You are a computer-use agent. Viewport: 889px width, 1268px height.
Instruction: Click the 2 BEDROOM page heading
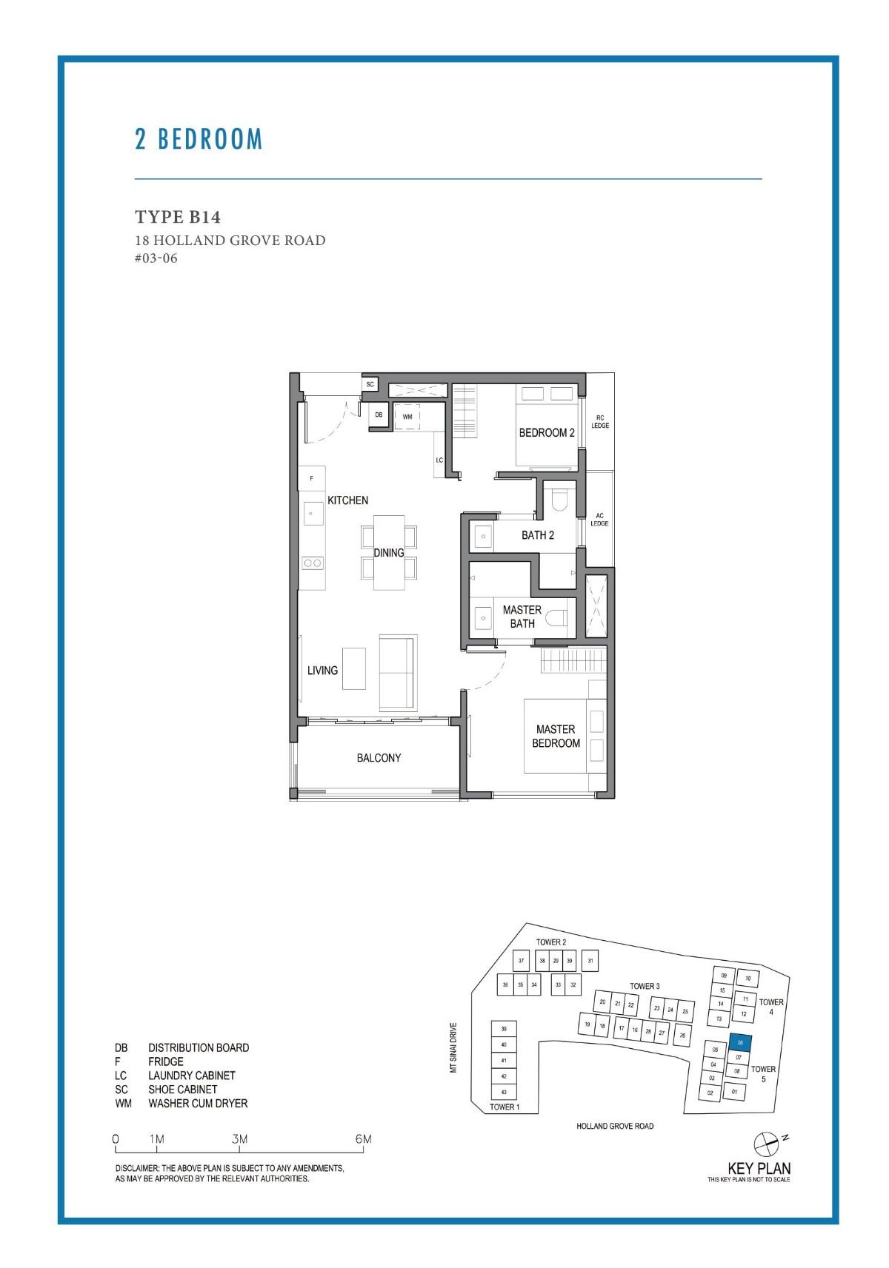point(199,139)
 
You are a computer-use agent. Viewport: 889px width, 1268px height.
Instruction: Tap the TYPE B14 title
point(178,217)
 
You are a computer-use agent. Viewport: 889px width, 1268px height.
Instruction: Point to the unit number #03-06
point(156,258)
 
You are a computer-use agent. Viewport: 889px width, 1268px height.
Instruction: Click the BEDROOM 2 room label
point(547,432)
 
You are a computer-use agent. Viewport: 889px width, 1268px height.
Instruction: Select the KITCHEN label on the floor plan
point(347,500)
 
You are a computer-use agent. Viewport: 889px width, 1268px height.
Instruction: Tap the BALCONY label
point(379,758)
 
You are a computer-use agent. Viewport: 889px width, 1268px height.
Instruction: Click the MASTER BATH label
point(522,617)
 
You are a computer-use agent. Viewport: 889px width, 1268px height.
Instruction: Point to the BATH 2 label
point(538,535)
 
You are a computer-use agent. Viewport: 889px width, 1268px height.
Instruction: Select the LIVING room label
point(322,670)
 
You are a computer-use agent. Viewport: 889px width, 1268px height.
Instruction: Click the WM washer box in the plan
point(407,417)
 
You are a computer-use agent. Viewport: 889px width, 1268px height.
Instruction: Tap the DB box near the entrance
point(379,415)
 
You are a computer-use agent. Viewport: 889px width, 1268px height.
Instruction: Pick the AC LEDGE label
point(599,520)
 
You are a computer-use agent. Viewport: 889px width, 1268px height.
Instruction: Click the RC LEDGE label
point(600,422)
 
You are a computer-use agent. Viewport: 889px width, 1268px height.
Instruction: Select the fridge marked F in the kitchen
point(312,478)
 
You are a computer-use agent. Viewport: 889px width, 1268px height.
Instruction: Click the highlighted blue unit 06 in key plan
point(741,1042)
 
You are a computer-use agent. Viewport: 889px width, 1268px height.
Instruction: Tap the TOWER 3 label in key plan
point(645,986)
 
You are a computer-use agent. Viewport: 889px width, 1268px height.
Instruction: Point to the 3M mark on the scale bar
point(239,1139)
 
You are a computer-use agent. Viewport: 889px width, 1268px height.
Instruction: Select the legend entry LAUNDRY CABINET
point(191,1076)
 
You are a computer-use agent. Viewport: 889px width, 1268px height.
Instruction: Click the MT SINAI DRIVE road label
point(453,1047)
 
